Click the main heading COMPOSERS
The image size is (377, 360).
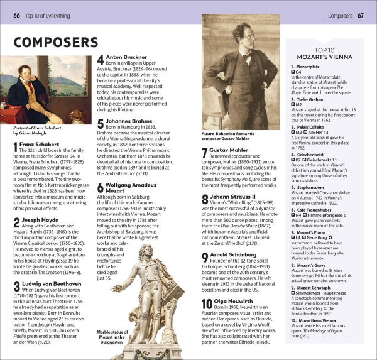56,43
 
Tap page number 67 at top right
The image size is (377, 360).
360,14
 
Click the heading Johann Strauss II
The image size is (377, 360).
233,197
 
